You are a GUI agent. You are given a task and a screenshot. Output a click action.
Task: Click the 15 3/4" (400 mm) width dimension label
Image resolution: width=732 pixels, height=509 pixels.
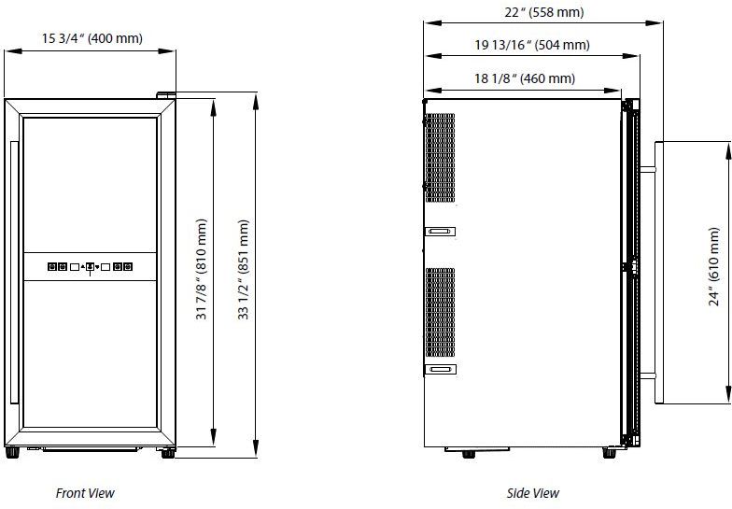tap(91, 38)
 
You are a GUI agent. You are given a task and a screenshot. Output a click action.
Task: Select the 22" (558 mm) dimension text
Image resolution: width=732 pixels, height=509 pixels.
tap(543, 12)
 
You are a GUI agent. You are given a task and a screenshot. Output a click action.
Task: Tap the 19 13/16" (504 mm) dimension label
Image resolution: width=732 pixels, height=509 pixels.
tap(532, 45)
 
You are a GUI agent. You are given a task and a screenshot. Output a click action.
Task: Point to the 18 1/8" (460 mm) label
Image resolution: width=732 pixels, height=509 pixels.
tap(525, 78)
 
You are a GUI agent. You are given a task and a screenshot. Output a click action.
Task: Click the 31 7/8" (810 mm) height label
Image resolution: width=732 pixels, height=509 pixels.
tap(202, 269)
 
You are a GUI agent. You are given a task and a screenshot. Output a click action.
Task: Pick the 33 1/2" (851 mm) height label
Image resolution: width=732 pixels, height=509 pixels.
tap(244, 269)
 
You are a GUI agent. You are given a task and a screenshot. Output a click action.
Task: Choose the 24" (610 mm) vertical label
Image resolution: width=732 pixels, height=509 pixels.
tap(714, 267)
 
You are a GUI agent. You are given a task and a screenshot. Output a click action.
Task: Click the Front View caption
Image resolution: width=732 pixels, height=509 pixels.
tap(85, 493)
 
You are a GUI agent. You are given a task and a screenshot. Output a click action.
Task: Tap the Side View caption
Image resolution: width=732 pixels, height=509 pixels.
tap(532, 493)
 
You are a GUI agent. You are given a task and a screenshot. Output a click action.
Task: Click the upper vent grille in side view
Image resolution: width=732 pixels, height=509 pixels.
tap(440, 157)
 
